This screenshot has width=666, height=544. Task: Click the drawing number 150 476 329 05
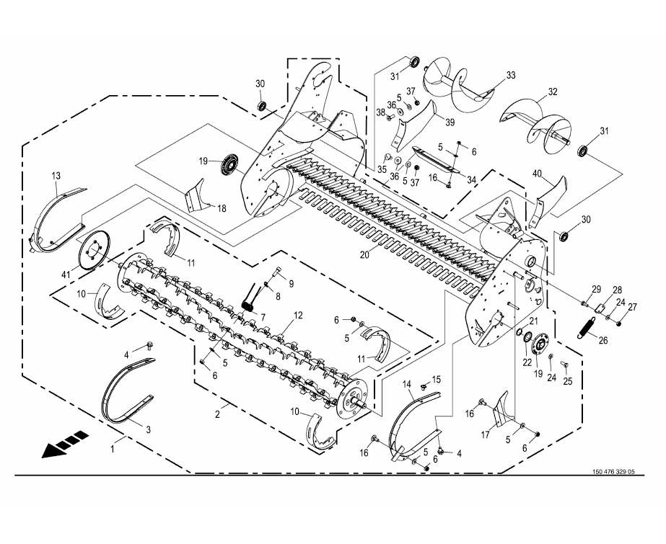613,471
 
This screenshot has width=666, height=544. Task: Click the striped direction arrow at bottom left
65,444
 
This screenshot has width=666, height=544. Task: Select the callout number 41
66,275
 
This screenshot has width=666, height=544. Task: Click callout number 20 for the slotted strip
365,254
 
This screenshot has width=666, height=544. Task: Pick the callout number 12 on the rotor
298,315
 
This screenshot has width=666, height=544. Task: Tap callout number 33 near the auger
511,75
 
